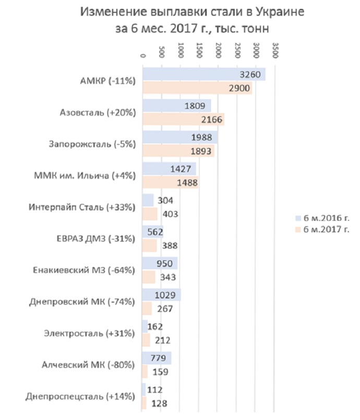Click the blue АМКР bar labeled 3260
204,74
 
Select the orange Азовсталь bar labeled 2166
183,119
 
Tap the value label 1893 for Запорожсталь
201,151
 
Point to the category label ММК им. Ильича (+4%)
85,176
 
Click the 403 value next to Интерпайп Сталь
171,214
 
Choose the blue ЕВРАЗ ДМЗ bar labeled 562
153,232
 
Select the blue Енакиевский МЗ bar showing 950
160,263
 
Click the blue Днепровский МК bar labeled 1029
162,295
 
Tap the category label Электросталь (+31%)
89,334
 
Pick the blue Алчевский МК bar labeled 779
157,358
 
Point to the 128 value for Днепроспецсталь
159,404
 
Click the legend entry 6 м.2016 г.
323,218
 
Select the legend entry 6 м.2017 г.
323,230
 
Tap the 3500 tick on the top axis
275,50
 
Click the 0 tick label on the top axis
143,56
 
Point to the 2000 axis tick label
219,50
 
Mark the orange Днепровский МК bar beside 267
147,308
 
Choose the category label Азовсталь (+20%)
98,113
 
